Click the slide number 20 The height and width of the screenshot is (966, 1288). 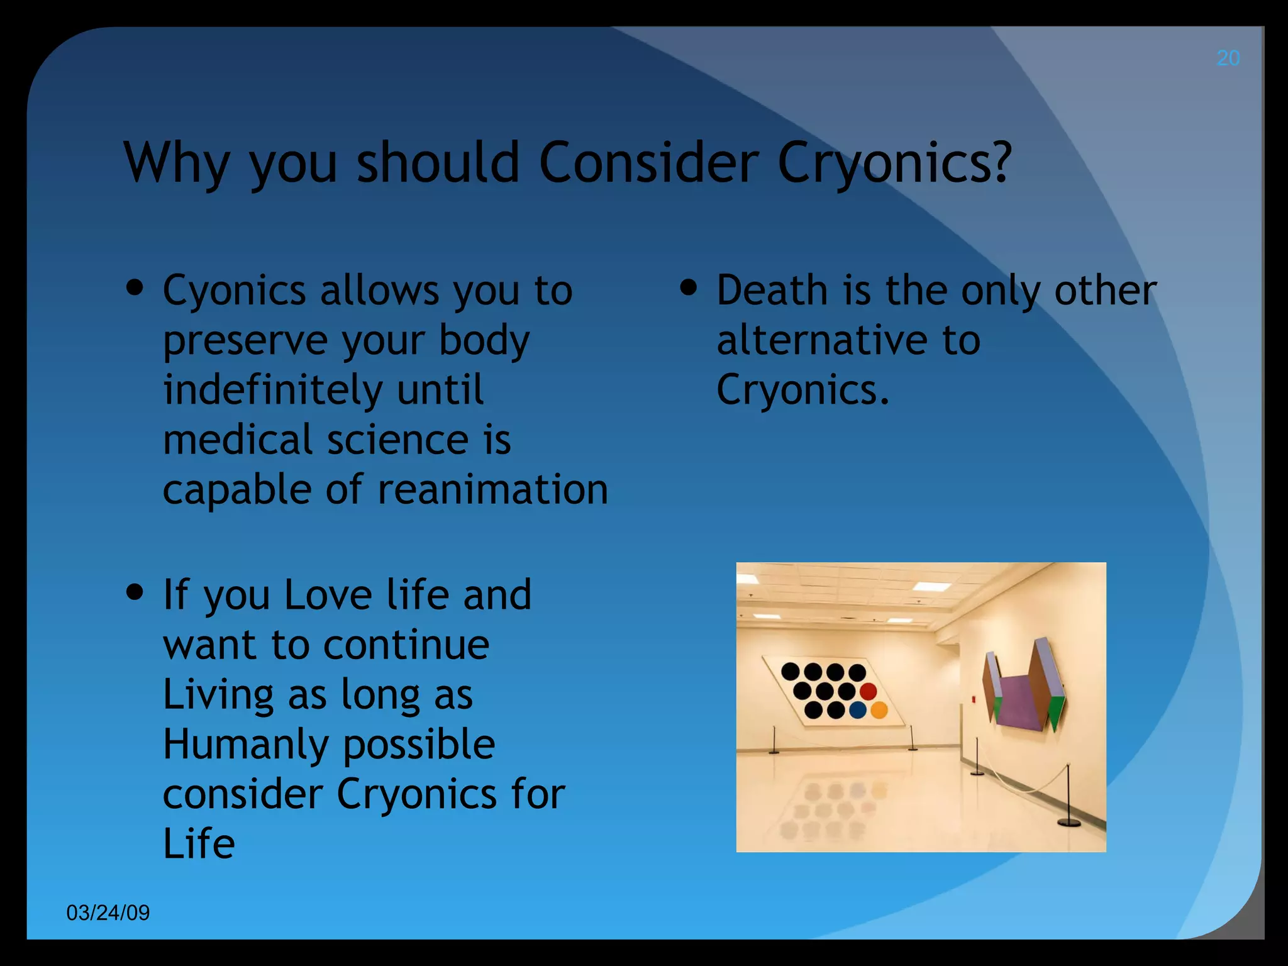pyautogui.click(x=1228, y=58)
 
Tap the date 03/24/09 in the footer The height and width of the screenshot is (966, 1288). pyautogui.click(x=108, y=913)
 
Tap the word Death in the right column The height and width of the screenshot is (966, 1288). pyautogui.click(x=772, y=291)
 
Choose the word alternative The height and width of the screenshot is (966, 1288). pyautogui.click(x=821, y=341)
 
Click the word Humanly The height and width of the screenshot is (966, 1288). pyautogui.click(x=245, y=745)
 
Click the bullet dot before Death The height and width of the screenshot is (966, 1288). pyautogui.click(x=689, y=288)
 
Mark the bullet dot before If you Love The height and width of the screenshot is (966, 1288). pyautogui.click(x=135, y=592)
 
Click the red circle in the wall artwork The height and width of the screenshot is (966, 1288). pyautogui.click(x=869, y=692)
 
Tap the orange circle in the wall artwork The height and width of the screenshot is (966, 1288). pyautogui.click(x=879, y=710)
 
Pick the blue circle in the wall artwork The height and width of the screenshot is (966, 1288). pyautogui.click(x=858, y=711)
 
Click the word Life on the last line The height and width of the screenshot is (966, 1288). pyautogui.click(x=199, y=844)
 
